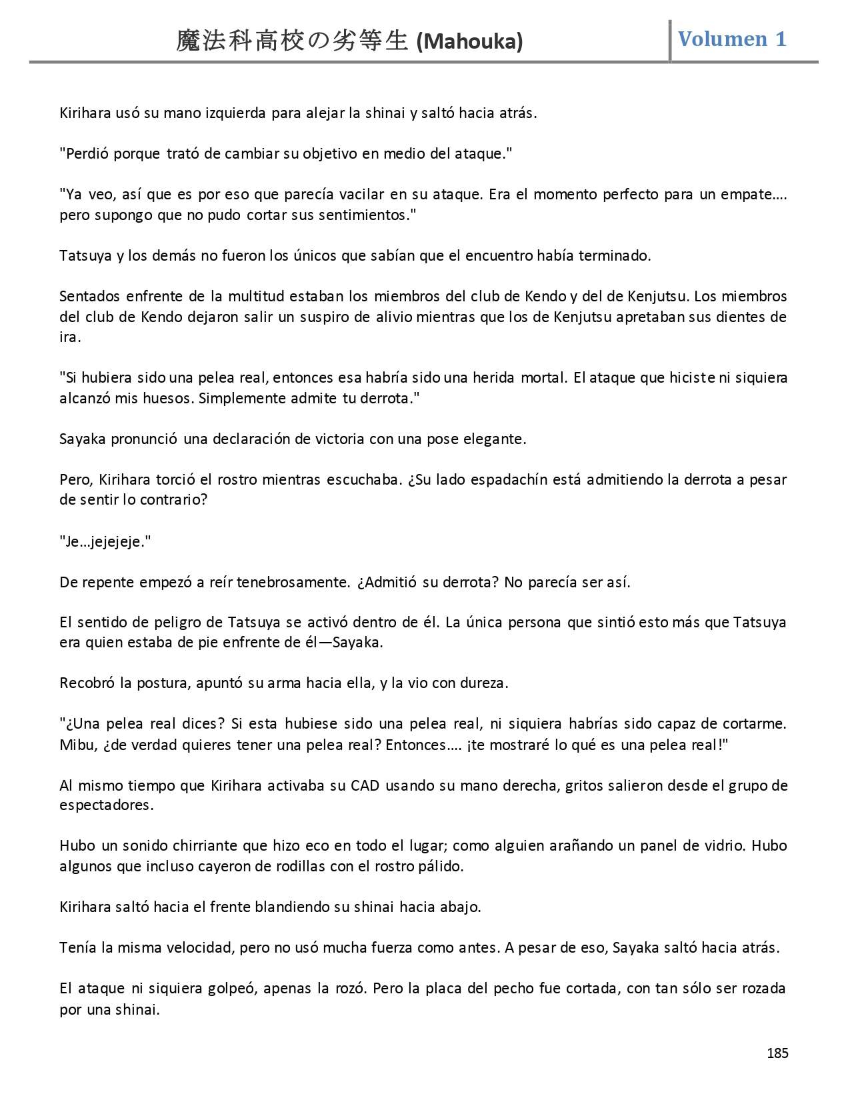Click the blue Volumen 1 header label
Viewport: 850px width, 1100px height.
732,39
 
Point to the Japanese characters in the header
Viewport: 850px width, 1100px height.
292,41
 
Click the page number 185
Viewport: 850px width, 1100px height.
777,1053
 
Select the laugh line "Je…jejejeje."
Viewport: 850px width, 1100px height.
105,541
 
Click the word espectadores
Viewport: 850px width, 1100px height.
105,805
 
